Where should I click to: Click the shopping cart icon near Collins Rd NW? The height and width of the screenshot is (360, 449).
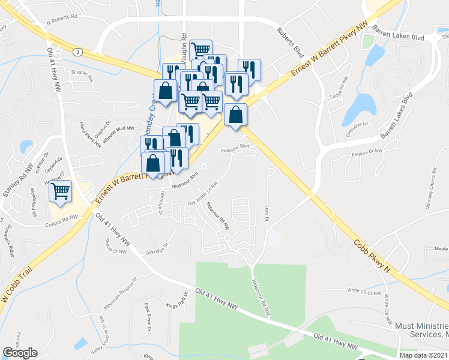(61, 191)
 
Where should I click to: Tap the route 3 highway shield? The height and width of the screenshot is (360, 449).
(77, 52)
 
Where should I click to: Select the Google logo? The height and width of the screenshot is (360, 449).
(20, 352)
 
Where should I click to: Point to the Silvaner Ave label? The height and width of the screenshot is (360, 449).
(83, 76)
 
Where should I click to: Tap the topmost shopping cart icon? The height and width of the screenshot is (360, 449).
(200, 49)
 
